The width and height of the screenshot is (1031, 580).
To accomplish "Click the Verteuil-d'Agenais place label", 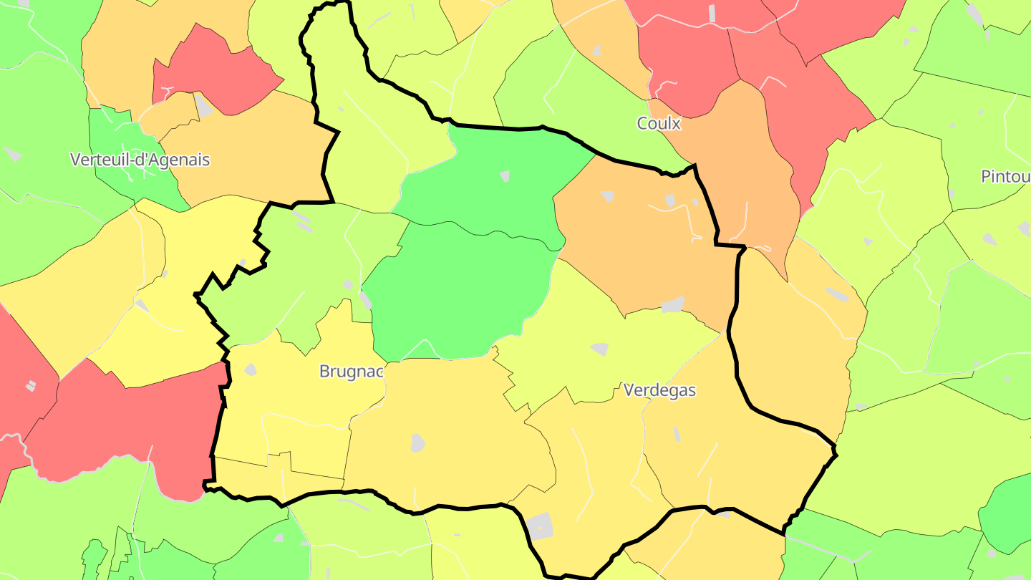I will point(140,159).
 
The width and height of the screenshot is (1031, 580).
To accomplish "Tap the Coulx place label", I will point(659,123).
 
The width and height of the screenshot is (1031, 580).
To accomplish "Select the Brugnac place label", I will point(351,372).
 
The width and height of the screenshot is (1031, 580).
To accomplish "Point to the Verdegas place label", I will point(659,390).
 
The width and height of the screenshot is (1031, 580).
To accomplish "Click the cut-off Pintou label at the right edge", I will point(1005,176).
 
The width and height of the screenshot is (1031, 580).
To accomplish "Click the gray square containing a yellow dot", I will point(540,526).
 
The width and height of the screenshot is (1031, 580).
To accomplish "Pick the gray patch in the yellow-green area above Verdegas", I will point(600,349).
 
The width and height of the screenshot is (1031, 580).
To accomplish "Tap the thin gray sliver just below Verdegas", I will point(677,433).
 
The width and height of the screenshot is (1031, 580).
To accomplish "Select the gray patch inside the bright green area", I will point(505,175).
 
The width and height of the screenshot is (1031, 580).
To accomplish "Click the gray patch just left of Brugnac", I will point(251,369).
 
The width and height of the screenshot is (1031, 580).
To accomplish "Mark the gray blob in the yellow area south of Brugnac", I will point(418,443).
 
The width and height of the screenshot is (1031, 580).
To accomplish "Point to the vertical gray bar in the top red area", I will point(712,13).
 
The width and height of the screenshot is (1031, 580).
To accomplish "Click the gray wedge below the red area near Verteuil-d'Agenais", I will point(204,107).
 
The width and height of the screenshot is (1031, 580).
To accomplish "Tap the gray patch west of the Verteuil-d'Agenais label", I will point(12,153).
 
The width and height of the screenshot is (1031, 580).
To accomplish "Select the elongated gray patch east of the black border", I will point(836,294).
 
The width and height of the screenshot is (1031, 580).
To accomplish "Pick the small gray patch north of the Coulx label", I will point(596,51).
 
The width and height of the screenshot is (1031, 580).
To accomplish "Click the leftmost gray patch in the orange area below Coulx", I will point(608,195).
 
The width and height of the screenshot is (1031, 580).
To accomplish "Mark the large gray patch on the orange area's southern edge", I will point(673,306).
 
